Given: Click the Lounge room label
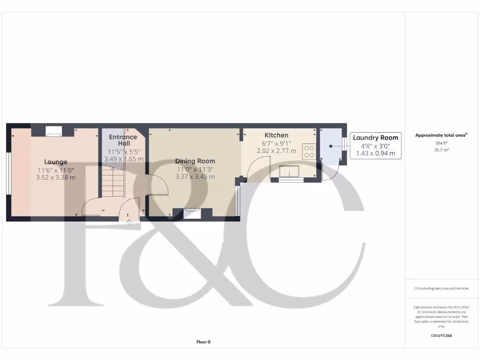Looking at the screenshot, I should pyautogui.click(x=56, y=162).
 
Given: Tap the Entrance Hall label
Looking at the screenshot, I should pyautogui.click(x=123, y=140).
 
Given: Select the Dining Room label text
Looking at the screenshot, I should pyautogui.click(x=195, y=161).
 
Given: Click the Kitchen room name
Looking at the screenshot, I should pyautogui.click(x=277, y=135).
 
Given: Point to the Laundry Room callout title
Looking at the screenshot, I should pyautogui.click(x=375, y=137).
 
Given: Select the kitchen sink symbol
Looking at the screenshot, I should pyautogui.click(x=290, y=172).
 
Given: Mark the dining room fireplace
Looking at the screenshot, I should pyautogui.click(x=193, y=212).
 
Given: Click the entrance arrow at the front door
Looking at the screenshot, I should pyautogui.click(x=129, y=222).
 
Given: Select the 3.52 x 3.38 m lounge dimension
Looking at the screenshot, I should pyautogui.click(x=56, y=178).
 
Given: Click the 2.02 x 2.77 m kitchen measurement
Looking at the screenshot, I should pyautogui.click(x=277, y=151).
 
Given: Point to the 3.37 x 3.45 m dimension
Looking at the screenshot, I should pyautogui.click(x=195, y=177).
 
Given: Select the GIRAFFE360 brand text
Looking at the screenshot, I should pyautogui.click(x=441, y=336).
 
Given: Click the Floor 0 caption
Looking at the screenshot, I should pyautogui.click(x=203, y=342).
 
